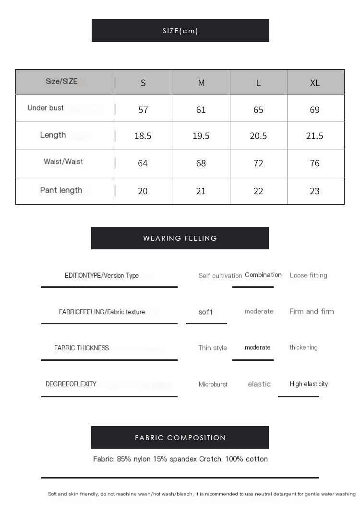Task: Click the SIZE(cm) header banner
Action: coord(180,31)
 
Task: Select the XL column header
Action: coord(315,83)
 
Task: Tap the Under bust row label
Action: coord(46,108)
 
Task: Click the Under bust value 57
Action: coord(143,110)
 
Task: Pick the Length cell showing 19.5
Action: coord(201,136)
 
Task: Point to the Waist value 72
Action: coord(258,163)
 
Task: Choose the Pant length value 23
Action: coord(315,191)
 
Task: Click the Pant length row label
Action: coord(61,190)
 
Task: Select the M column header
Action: coord(201,83)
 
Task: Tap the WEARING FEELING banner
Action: coord(180,238)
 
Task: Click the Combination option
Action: coord(263,275)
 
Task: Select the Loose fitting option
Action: coord(308,275)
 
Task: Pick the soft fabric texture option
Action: coord(205,312)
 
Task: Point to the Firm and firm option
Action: coord(312,311)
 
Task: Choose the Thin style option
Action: coord(213,348)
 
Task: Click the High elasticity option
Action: coord(309,384)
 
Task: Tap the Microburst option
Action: coord(213,384)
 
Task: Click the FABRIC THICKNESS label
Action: coord(82,348)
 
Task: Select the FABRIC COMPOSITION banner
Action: coord(180,438)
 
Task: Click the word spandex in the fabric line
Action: coord(183,459)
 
